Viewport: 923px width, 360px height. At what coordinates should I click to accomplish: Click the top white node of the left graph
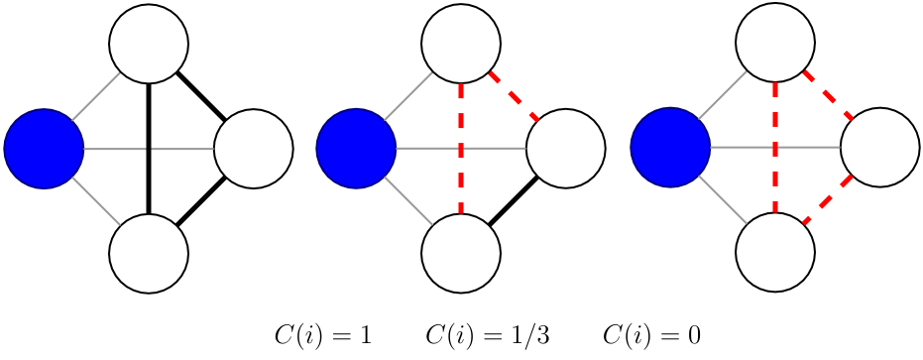(149, 45)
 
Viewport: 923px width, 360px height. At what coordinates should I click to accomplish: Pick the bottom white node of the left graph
(149, 253)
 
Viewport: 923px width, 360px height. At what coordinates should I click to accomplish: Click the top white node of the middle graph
(461, 45)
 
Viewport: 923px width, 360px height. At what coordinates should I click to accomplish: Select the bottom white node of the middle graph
(461, 253)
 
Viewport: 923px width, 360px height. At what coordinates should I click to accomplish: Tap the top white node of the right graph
(775, 45)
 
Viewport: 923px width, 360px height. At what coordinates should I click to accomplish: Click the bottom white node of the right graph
(775, 253)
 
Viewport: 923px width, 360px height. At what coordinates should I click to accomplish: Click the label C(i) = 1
(323, 336)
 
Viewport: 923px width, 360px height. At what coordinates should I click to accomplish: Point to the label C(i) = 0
(652, 336)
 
